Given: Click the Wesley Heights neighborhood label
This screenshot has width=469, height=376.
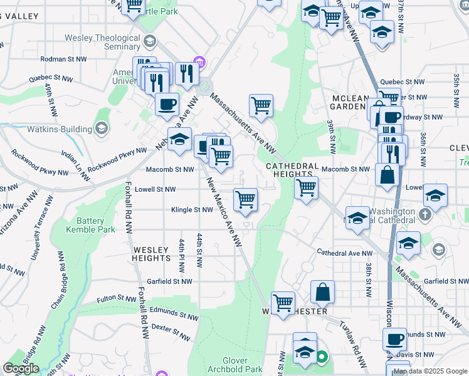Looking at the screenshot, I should tap(152, 253).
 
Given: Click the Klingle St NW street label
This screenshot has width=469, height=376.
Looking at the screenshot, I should tap(192, 210).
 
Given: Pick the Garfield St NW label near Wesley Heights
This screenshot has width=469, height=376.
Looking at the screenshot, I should tap(169, 282).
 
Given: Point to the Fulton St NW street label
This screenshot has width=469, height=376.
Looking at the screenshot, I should tap(117, 299).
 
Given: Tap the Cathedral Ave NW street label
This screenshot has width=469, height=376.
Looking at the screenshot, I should tap(344, 253).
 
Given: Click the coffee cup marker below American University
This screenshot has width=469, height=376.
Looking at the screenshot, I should tap(167, 104).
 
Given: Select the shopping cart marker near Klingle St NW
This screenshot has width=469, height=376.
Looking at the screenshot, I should tap(246, 199).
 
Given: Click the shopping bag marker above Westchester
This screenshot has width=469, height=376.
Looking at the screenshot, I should tap(322, 291).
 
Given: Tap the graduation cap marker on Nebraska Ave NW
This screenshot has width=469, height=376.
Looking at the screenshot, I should tap(179, 138).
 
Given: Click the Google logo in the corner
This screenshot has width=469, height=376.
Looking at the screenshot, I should tap(21, 369).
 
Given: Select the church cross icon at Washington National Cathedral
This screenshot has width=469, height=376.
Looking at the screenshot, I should tap(426, 214).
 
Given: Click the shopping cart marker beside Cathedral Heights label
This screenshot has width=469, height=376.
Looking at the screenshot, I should tap(306, 187).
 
